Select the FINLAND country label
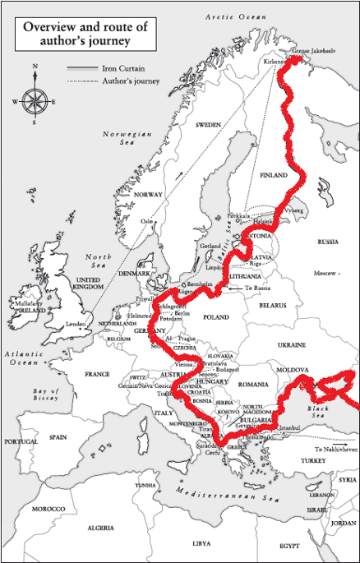[x=273, y=175]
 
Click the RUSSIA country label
[x=328, y=242]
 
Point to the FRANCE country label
[x=97, y=374]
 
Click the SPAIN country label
[x=58, y=436]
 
